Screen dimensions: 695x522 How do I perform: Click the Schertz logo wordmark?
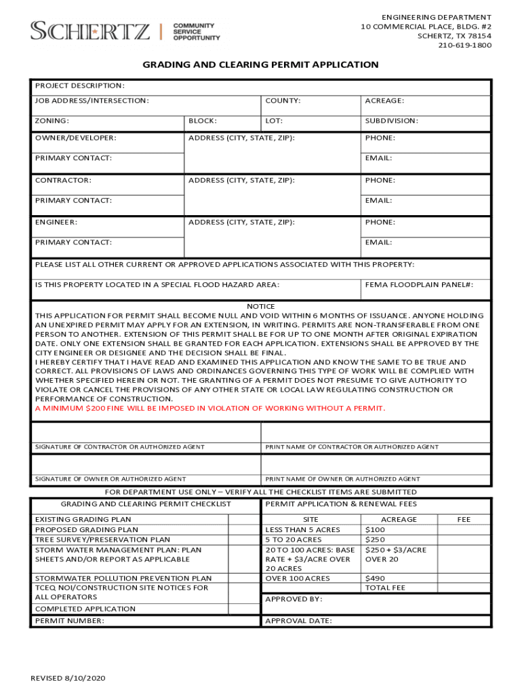tap(90, 31)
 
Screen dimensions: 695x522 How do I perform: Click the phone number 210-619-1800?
tap(464, 45)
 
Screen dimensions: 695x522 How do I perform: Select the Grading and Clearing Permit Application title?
tap(260, 64)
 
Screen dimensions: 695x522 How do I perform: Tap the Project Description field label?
tap(80, 86)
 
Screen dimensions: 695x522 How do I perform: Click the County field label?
tap(283, 100)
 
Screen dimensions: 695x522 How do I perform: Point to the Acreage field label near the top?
tap(384, 100)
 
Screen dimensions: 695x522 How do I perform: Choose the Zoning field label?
tap(52, 121)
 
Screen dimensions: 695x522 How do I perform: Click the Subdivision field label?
tap(391, 121)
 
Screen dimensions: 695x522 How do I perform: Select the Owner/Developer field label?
tap(75, 138)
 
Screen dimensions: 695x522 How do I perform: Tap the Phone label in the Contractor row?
tap(380, 181)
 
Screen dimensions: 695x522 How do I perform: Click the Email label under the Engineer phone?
tap(378, 242)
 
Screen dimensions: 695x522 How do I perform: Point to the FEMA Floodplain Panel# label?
tap(418, 285)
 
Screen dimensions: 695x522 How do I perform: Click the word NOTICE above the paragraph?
tap(260, 307)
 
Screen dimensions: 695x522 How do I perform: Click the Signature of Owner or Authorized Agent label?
tap(111, 479)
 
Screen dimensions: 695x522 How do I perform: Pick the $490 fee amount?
tap(375, 578)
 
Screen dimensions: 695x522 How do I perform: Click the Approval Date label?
tap(298, 621)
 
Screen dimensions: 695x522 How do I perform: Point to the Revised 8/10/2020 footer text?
tap(68, 678)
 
